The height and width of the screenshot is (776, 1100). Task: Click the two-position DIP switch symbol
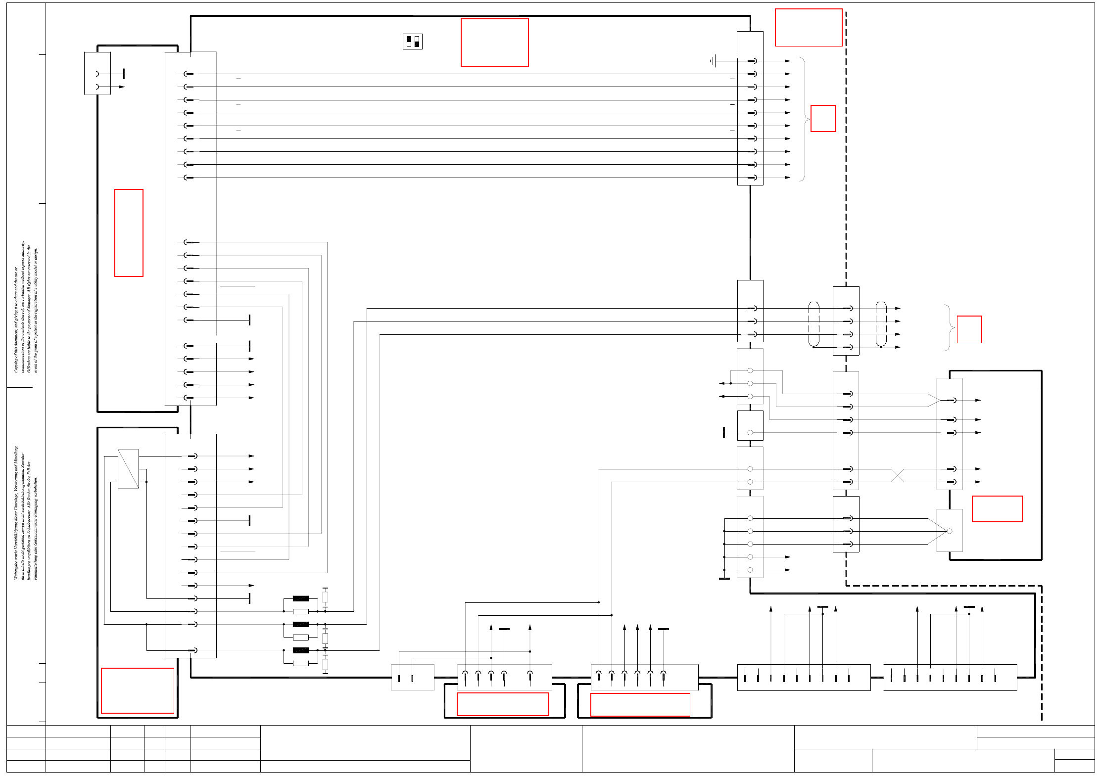(x=412, y=42)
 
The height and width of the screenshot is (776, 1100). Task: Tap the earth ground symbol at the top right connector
(x=713, y=61)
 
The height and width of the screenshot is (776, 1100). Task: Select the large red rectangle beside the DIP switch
(x=494, y=43)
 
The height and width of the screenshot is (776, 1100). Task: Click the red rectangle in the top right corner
(x=808, y=28)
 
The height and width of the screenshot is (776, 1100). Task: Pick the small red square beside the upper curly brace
(x=823, y=118)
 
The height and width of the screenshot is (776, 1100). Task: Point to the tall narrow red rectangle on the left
(x=129, y=232)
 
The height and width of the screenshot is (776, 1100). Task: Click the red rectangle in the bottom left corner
(x=138, y=690)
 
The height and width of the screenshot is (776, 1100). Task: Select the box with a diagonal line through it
(x=128, y=468)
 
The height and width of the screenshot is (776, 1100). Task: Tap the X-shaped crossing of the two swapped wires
(x=898, y=475)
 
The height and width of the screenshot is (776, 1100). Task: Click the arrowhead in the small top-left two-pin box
(x=122, y=87)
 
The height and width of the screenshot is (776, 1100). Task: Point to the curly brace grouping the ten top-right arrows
(x=804, y=119)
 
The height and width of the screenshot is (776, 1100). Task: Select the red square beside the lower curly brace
(x=969, y=329)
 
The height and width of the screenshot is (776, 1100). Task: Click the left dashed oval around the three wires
(x=813, y=324)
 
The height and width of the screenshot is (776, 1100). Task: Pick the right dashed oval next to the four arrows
(x=881, y=324)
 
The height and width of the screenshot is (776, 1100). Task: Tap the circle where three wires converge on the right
(x=949, y=531)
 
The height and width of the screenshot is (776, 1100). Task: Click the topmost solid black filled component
(x=300, y=598)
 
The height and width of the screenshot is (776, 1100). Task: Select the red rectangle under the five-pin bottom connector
(x=503, y=704)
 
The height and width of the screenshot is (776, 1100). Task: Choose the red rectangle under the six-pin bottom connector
(x=640, y=704)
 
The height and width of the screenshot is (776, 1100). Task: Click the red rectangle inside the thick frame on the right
(x=997, y=508)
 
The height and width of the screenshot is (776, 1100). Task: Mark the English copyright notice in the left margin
(x=26, y=307)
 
